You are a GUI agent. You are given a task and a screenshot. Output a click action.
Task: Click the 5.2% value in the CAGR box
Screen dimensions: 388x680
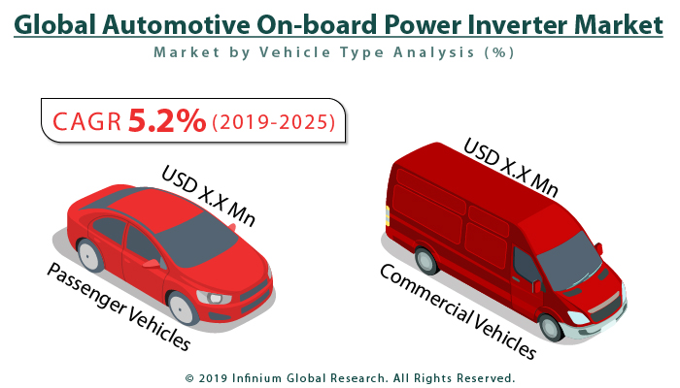[167, 120]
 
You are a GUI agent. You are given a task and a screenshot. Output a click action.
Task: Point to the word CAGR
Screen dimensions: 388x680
[86, 121]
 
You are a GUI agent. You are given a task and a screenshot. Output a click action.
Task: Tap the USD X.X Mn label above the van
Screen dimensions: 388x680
[510, 166]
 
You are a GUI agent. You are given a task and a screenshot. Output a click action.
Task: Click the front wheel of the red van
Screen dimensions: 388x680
[551, 326]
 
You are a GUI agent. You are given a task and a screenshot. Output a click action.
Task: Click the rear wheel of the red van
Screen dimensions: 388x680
[425, 260]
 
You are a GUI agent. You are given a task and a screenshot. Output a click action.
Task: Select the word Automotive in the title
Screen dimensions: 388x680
[193, 24]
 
